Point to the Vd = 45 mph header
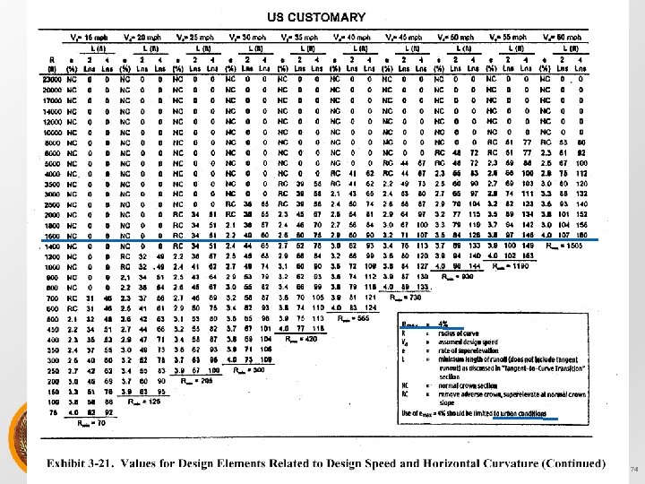click(408, 39)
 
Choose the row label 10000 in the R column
click(50, 132)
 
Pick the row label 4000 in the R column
click(52, 175)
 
